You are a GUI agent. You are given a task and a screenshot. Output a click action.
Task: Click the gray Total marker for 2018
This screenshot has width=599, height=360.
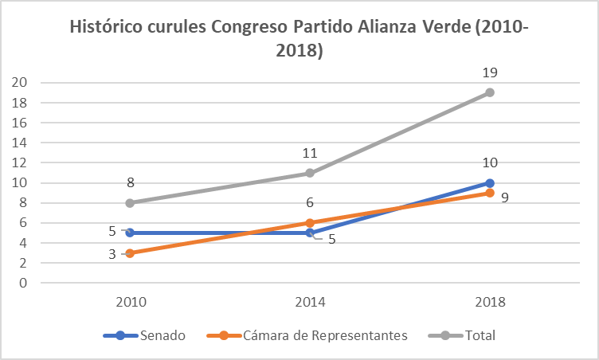point(490,92)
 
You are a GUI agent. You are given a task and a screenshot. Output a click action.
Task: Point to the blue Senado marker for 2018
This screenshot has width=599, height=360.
point(490,182)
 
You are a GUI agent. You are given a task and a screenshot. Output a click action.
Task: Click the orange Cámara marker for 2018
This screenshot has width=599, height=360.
point(490,193)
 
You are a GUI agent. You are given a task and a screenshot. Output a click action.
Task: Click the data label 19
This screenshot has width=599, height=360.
point(490,72)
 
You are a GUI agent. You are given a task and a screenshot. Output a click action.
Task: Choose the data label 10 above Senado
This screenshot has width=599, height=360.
point(490,163)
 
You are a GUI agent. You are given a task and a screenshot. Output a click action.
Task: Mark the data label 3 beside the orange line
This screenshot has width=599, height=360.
point(112,254)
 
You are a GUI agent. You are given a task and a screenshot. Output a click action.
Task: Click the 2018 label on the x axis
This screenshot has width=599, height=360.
point(490,303)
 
